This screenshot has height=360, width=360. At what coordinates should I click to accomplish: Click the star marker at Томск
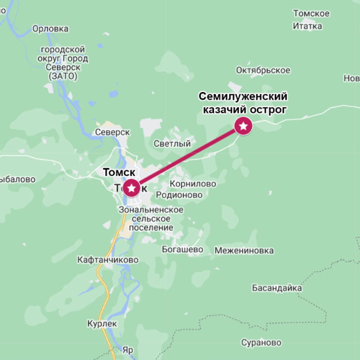(131, 187)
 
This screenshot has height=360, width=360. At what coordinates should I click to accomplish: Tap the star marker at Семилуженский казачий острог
(244, 126)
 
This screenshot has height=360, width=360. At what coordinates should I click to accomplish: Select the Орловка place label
(51, 29)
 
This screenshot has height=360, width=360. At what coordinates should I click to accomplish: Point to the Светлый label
(172, 144)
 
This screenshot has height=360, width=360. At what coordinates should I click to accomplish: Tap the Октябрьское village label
(262, 71)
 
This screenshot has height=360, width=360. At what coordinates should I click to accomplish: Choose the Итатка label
(307, 26)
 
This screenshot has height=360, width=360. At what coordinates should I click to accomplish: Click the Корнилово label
(192, 184)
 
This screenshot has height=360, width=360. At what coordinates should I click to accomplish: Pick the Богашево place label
(181, 249)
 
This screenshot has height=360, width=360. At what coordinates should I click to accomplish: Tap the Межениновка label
(244, 251)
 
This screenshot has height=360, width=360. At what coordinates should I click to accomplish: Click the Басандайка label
(277, 288)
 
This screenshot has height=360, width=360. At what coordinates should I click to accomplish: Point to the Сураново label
(260, 343)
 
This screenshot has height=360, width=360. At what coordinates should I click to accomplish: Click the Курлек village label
(102, 324)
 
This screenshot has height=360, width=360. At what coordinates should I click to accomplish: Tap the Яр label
(127, 351)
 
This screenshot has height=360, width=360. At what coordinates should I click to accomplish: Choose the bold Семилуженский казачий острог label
(243, 102)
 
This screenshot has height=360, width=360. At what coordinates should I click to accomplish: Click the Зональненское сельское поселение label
(151, 218)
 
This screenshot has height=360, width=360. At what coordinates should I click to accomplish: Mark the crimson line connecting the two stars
(187, 156)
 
